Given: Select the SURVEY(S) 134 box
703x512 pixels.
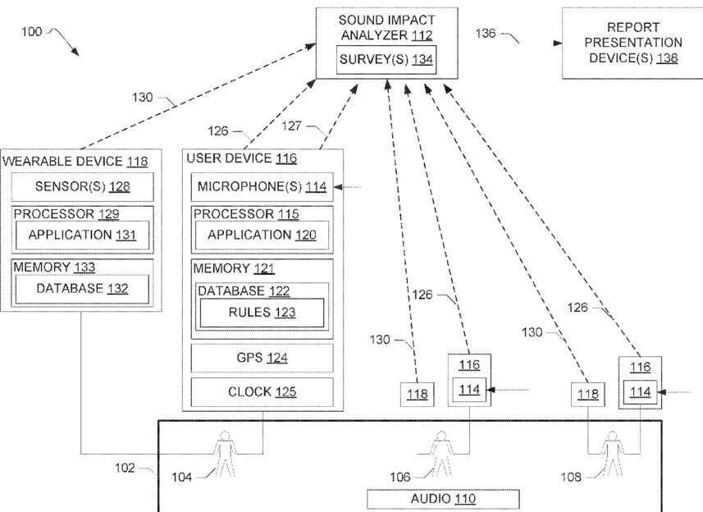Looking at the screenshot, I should (x=388, y=59).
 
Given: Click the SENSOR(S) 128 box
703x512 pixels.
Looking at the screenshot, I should (x=82, y=186).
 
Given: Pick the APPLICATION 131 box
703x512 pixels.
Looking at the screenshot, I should (x=82, y=234).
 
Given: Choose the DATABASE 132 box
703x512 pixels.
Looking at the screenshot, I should (x=82, y=288).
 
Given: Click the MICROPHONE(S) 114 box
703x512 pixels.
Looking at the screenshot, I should (x=262, y=186).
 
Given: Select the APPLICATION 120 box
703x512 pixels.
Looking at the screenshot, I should (x=262, y=235).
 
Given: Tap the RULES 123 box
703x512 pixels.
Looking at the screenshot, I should (x=262, y=312).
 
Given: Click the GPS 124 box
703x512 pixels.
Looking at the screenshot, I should (x=262, y=358).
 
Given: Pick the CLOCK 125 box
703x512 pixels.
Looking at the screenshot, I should (x=262, y=391).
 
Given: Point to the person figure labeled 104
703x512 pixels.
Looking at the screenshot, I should (x=225, y=454).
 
